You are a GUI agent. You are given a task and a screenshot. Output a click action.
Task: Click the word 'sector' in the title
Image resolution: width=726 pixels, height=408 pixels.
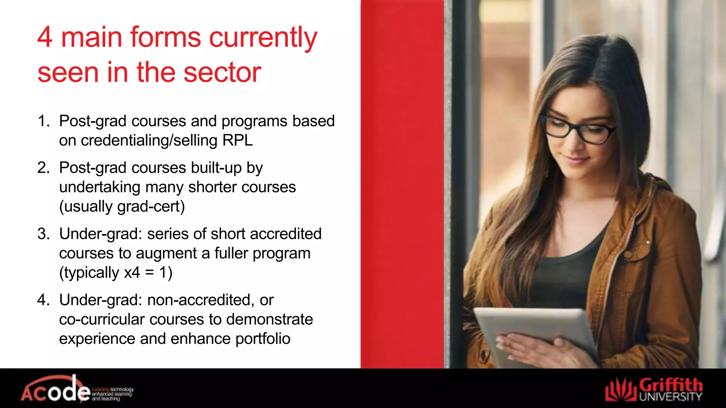pyautogui.click(x=222, y=73)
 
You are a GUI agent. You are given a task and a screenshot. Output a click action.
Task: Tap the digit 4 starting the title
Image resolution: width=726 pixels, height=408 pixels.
pyautogui.click(x=45, y=37)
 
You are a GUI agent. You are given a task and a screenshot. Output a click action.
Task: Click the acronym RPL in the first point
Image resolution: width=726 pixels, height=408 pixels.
pyautogui.click(x=238, y=140)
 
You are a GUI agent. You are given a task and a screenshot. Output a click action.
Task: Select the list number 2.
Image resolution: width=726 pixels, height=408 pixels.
pyautogui.click(x=43, y=168)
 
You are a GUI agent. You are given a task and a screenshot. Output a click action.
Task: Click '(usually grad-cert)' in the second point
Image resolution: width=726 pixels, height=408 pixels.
pyautogui.click(x=122, y=206)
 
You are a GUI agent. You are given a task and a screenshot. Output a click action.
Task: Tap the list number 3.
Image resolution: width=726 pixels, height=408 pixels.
pyautogui.click(x=43, y=234)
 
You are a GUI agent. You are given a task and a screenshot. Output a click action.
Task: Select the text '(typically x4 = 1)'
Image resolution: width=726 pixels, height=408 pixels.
pyautogui.click(x=116, y=273)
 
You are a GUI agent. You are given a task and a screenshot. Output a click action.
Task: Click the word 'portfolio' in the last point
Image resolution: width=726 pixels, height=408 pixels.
pyautogui.click(x=263, y=339)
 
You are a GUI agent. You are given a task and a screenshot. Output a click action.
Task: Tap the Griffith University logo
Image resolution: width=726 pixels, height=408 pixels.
pyautogui.click(x=654, y=390)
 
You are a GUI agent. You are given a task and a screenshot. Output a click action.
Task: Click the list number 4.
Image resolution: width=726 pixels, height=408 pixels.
pyautogui.click(x=43, y=300)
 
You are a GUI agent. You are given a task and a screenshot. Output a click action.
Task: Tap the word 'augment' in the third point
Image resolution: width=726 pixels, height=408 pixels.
pyautogui.click(x=172, y=254)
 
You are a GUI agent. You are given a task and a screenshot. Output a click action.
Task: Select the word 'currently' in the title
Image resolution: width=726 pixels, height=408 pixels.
pyautogui.click(x=263, y=37)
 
